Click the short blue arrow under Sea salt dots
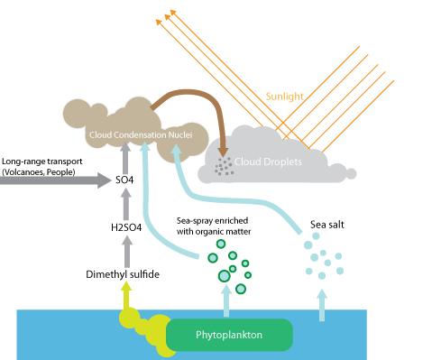coord(322,302)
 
